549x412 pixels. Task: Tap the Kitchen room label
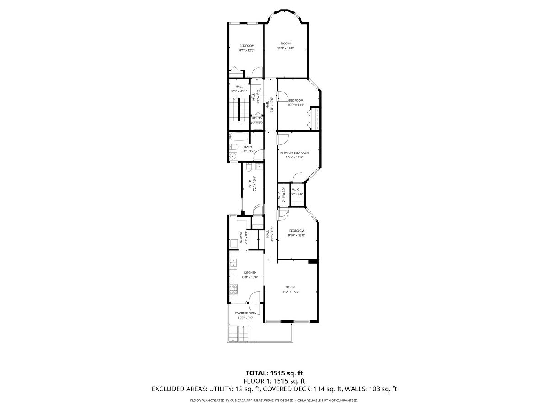point(243,273)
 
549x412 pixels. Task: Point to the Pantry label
point(241,239)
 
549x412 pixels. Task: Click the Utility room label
point(256,119)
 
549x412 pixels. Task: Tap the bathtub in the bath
point(239,136)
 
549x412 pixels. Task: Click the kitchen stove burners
point(233,289)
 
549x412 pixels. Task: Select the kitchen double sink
point(232,263)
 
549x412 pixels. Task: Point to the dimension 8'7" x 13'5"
point(246,50)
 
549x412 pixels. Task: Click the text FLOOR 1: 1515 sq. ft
point(274,381)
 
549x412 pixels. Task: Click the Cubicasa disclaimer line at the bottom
point(274,401)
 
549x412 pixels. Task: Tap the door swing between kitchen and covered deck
point(252,309)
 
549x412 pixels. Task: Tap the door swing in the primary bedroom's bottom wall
point(297,177)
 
